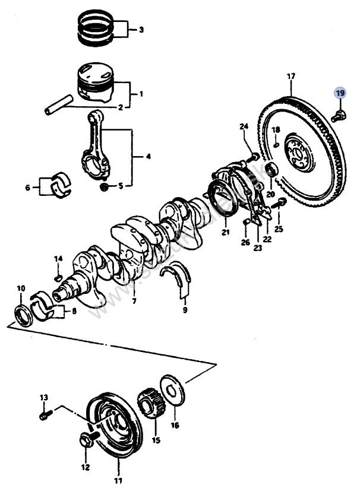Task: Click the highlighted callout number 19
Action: point(339,93)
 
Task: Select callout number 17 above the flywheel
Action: point(290,77)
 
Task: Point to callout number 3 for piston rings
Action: point(141,29)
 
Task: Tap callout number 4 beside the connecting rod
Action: point(148,157)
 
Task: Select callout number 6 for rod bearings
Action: point(27,188)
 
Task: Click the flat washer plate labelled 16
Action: point(173,392)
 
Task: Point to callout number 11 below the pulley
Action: point(118,480)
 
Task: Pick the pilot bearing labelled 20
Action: point(272,169)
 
